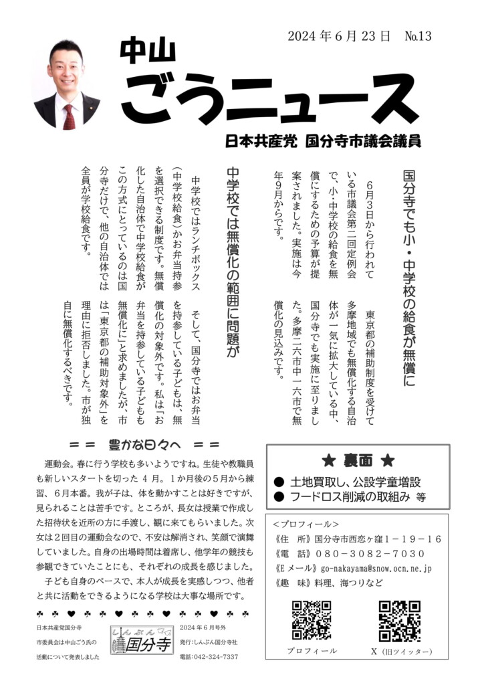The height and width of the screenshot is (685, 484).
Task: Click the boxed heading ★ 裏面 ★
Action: pos(358,460)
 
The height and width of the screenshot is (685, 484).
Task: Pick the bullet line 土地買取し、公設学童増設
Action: pos(355,481)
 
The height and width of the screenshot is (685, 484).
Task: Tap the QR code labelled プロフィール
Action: pos(312,620)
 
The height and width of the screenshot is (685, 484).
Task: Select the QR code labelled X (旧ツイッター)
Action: pos(400,621)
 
